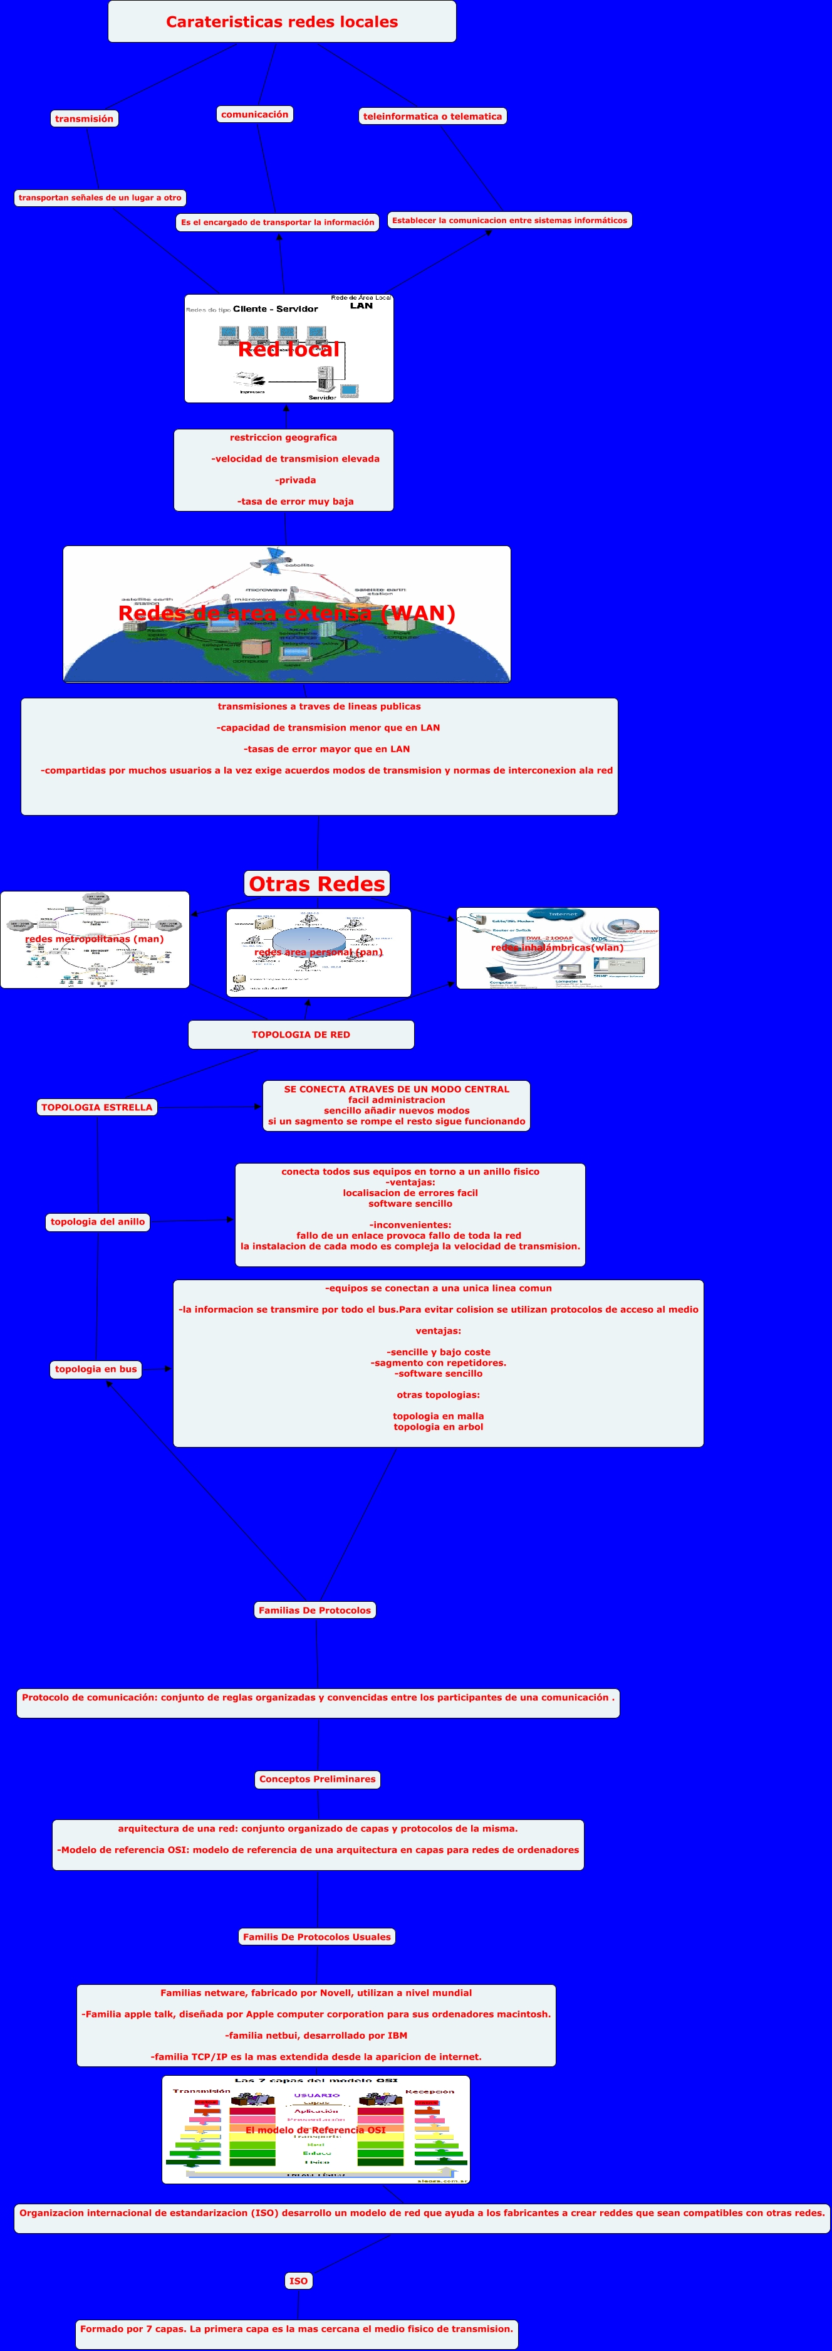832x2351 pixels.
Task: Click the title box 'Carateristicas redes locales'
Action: tap(282, 22)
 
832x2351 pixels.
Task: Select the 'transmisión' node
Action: tap(84, 118)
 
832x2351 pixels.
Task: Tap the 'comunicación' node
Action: tap(254, 114)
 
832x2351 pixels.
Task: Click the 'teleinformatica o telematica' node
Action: tap(432, 116)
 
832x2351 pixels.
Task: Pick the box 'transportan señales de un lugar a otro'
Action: tap(100, 197)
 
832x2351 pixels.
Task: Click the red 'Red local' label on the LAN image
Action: tap(288, 350)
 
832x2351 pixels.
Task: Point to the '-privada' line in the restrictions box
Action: tap(296, 480)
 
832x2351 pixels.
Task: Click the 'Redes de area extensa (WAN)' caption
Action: tap(286, 613)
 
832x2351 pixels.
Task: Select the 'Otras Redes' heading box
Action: tap(316, 883)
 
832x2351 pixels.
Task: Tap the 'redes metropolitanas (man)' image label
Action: tap(94, 939)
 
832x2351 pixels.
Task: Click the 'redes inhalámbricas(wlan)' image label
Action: tap(558, 947)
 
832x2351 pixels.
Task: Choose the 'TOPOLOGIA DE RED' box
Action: tap(301, 1035)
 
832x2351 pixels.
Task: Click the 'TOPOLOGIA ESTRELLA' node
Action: tap(96, 1107)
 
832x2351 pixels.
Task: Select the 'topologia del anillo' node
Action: tap(98, 1222)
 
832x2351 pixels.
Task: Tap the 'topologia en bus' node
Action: tap(96, 1369)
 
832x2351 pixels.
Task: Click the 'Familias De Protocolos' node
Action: tap(315, 1610)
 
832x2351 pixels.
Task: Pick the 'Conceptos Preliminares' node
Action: tap(318, 1779)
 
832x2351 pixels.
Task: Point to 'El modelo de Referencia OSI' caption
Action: tap(316, 2130)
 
